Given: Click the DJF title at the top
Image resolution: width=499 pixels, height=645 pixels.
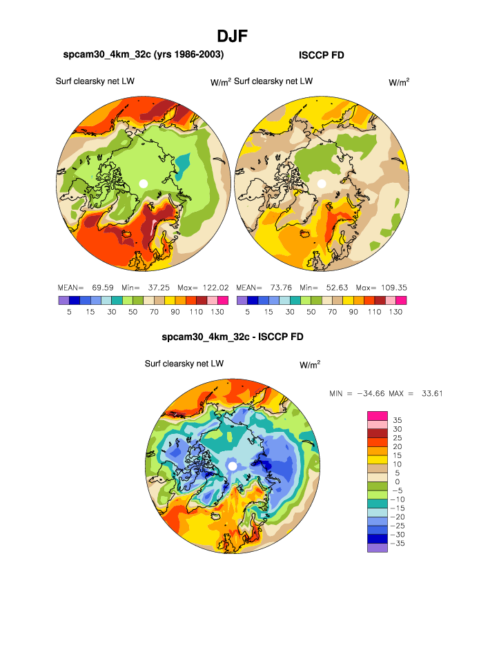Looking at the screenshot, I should click(x=233, y=34).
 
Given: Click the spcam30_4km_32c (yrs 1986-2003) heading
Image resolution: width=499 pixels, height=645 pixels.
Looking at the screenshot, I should click(x=144, y=54).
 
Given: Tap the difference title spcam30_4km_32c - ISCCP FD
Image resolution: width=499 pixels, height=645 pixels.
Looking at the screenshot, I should click(x=233, y=337).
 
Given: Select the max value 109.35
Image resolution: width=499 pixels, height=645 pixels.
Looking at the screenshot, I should click(x=391, y=287).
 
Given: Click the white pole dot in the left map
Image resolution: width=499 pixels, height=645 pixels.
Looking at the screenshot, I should click(x=143, y=183).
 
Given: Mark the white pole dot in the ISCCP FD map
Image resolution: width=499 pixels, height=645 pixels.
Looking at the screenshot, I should click(x=321, y=183).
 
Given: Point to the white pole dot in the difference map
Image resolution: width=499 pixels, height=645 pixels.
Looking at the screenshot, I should click(x=233, y=466).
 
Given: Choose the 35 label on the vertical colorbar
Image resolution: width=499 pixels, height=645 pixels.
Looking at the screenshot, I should click(x=397, y=419).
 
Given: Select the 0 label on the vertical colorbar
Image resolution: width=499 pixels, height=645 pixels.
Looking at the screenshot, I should click(x=397, y=482).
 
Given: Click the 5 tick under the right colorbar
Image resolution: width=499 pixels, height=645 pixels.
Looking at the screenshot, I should click(x=247, y=311).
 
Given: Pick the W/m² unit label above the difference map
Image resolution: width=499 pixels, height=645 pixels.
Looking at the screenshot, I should click(x=310, y=365).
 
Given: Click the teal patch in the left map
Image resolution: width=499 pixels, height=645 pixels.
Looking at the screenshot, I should click(x=182, y=163).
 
